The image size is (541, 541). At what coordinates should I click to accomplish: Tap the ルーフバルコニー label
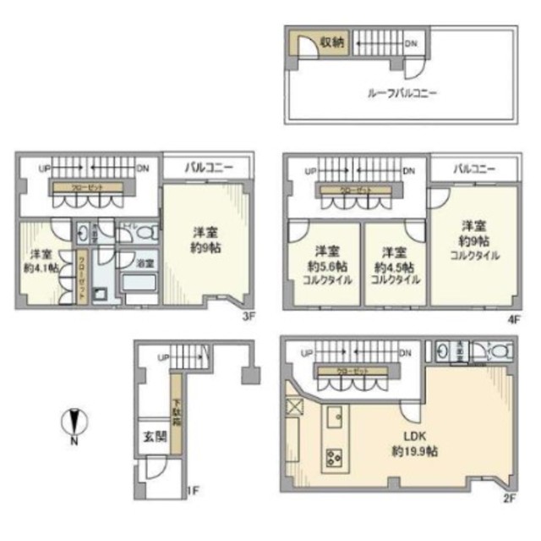402,93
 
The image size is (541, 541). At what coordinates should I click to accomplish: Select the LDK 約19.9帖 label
413,444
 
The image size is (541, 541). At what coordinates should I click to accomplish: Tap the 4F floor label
512,318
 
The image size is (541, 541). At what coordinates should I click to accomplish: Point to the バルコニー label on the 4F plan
473,169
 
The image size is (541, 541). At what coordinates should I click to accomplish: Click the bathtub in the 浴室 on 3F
139,284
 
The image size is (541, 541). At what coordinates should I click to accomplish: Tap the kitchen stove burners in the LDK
331,458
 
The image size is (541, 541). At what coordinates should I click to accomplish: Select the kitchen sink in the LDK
333,417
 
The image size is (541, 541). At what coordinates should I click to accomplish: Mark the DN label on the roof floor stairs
410,44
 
